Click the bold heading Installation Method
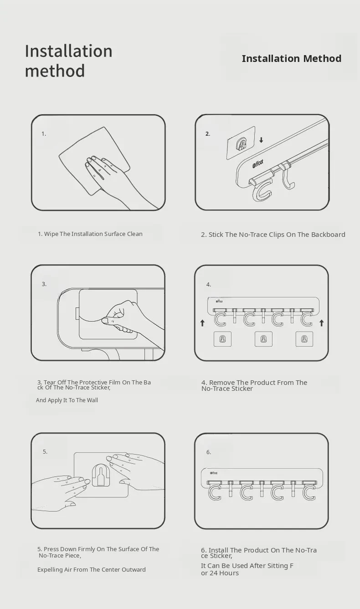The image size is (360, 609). [292, 58]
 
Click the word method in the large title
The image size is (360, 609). [55, 71]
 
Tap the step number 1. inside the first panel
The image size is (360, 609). [44, 134]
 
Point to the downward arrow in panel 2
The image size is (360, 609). [261, 140]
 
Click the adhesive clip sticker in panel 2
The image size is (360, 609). [241, 143]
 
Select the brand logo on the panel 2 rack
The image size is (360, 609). [258, 164]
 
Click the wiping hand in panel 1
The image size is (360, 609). [114, 177]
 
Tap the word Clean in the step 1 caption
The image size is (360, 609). [134, 234]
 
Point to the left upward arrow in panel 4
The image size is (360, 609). [202, 323]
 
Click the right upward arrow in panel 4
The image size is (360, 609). [322, 323]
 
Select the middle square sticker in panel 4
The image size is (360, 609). [263, 339]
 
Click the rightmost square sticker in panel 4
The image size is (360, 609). [304, 339]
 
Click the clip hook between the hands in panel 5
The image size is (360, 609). [101, 475]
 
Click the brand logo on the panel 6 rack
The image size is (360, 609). [214, 473]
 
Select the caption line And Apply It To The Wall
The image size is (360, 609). [67, 400]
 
